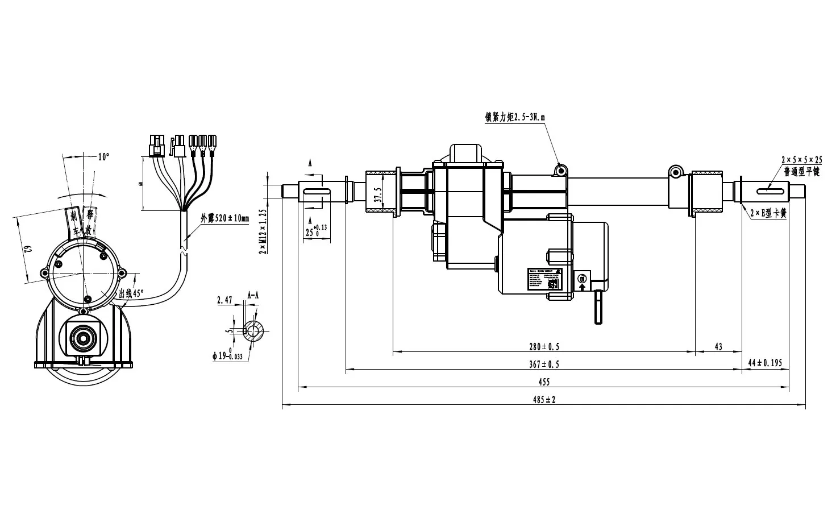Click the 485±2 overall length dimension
(x=544, y=400)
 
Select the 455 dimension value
(x=544, y=382)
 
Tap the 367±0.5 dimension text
(x=544, y=364)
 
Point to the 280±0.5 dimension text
(x=544, y=346)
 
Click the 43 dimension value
(x=718, y=346)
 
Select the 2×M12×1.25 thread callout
(x=262, y=231)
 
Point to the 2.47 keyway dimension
(x=224, y=300)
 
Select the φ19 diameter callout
(x=227, y=357)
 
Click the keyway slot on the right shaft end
(x=768, y=189)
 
